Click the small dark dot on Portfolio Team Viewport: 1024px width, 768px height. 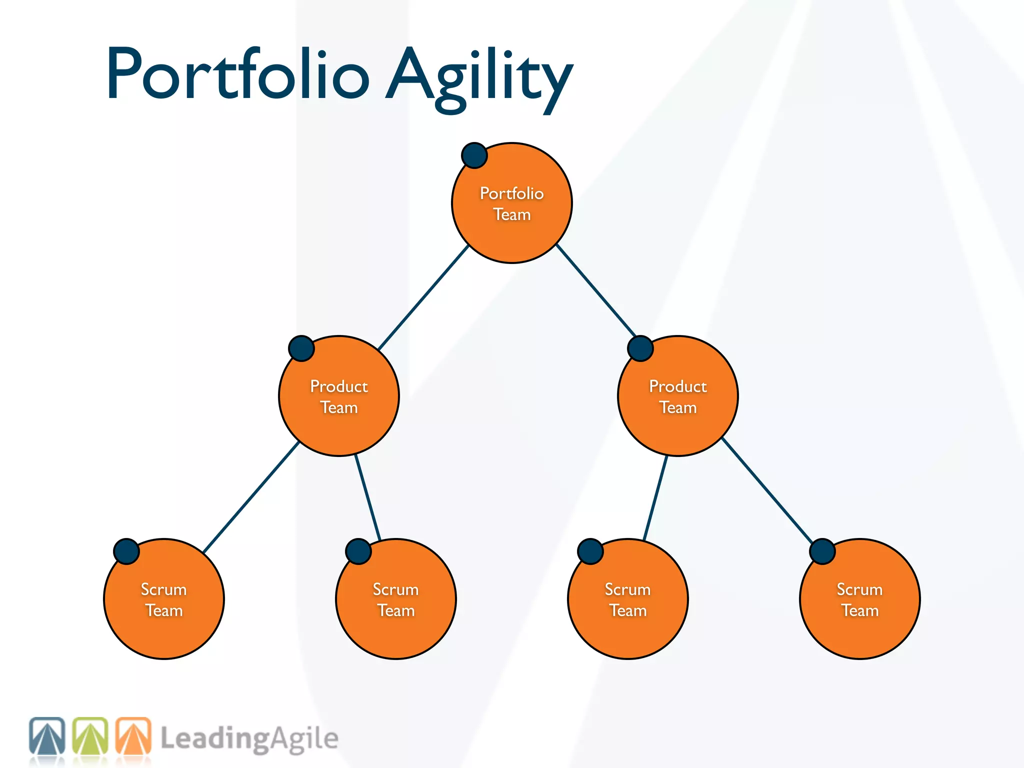474,155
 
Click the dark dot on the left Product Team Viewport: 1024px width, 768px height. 301,348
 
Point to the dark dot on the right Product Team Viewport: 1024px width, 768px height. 640,348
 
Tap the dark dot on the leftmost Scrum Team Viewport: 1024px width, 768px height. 126,551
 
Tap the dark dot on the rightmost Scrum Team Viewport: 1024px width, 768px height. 822,551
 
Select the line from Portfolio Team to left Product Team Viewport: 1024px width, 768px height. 423,297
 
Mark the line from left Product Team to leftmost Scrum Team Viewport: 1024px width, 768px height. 251,496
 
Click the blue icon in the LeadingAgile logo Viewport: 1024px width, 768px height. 47,735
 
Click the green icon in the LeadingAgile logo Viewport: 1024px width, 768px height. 90,735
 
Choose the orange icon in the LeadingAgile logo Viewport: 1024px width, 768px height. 133,735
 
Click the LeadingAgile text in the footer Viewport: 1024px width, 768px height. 249,739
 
